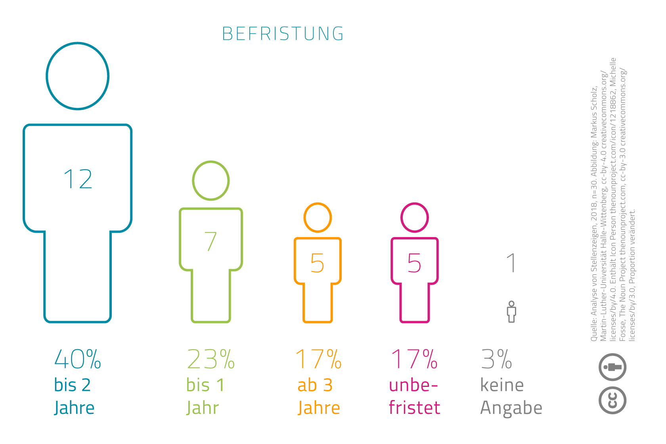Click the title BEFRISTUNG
pyautogui.click(x=283, y=34)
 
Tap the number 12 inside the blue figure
pyautogui.click(x=78, y=179)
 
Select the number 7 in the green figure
pyautogui.click(x=211, y=241)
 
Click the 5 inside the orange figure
pyautogui.click(x=317, y=263)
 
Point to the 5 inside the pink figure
pyautogui.click(x=414, y=263)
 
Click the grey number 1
pyautogui.click(x=512, y=263)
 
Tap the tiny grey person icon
pyautogui.click(x=511, y=312)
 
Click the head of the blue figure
pyautogui.click(x=78, y=76)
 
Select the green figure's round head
pyautogui.click(x=211, y=181)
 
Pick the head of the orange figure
pyautogui.click(x=318, y=218)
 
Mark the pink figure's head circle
pyautogui.click(x=415, y=218)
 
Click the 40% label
pyautogui.click(x=78, y=360)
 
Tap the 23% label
pyautogui.click(x=211, y=360)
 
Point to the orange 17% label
pyautogui.click(x=318, y=360)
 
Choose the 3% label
pyautogui.click(x=496, y=360)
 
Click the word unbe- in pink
pyautogui.click(x=413, y=385)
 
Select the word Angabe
pyautogui.click(x=511, y=408)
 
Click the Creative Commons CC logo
pyautogui.click(x=612, y=400)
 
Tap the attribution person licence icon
pyautogui.click(x=612, y=367)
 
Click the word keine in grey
pyautogui.click(x=502, y=385)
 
